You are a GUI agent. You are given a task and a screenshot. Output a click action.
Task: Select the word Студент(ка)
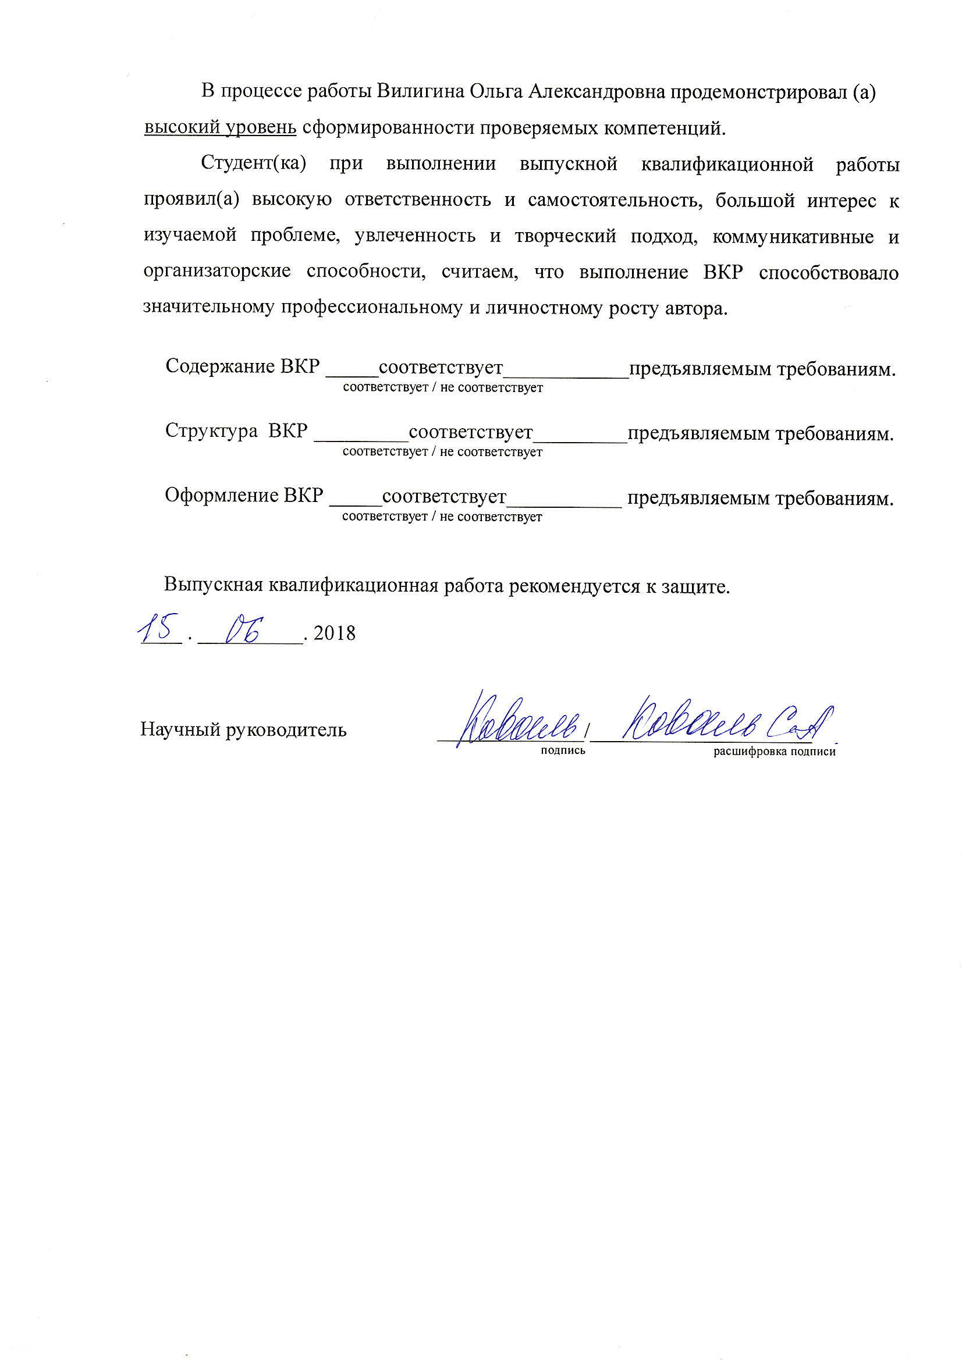pyautogui.click(x=254, y=164)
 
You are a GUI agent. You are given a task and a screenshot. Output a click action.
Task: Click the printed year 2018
pyautogui.click(x=334, y=633)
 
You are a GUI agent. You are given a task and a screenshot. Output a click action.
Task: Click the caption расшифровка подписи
pyautogui.click(x=774, y=752)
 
